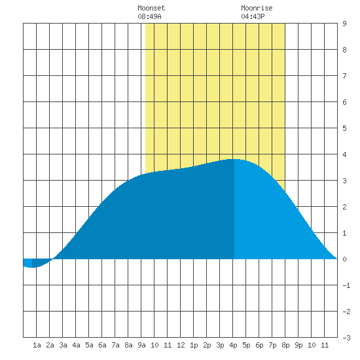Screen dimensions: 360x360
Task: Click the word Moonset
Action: coord(151,8)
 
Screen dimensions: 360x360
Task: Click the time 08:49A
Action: coord(149,16)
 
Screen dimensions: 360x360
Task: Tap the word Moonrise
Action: coord(257,8)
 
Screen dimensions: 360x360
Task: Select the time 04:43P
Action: coord(253,16)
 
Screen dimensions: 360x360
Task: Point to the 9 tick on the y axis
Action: coord(344,24)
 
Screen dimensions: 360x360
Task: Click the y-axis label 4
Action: coord(344,154)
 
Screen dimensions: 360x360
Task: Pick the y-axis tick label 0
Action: coord(344,259)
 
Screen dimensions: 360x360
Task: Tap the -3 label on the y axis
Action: coord(346,338)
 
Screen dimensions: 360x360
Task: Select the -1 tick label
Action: coord(346,285)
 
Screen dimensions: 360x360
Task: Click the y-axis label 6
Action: coord(344,102)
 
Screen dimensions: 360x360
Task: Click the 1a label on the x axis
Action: coord(37,345)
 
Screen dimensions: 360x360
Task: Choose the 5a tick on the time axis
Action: coord(89,345)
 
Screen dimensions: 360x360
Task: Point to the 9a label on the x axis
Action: coord(141,345)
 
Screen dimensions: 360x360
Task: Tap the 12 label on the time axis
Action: coord(181,345)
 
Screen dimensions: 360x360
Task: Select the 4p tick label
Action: coord(233,345)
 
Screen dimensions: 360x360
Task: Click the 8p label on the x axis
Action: coord(285,345)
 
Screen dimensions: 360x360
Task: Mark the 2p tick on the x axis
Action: coord(207,345)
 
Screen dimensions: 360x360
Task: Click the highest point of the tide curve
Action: coord(234,159)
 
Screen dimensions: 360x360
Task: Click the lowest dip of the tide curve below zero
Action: coord(32,267)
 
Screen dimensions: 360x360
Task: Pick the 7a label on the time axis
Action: coord(115,345)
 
